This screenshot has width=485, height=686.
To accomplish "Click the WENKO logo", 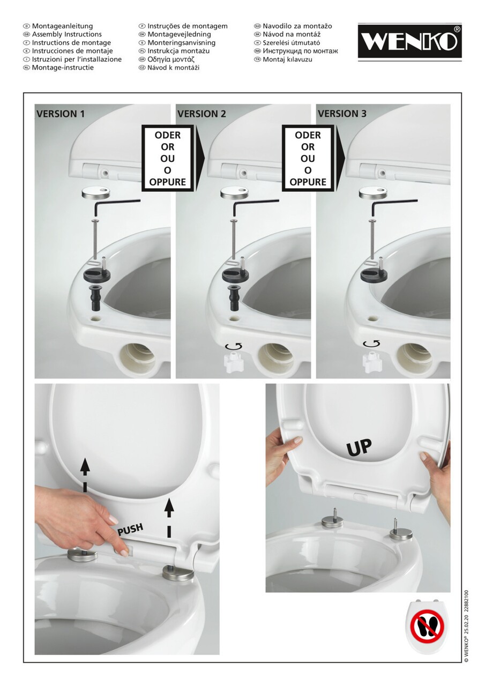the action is tap(409, 42).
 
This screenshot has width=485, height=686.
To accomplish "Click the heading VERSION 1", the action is tap(61, 114).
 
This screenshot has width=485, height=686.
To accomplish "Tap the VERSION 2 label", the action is tap(202, 114).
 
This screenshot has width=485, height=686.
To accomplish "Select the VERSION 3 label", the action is tap(342, 114).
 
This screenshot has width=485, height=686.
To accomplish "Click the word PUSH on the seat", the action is tap(131, 530).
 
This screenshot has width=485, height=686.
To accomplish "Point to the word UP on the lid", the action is tap(359, 446).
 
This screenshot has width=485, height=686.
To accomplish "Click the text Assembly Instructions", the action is tap(67, 34).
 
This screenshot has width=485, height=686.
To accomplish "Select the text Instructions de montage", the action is tap(71, 42).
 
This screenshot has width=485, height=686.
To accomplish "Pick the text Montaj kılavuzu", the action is tap(287, 59).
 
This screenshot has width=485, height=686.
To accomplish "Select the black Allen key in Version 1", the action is tap(117, 206).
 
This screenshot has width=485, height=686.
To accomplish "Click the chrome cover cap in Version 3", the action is tap(372, 193).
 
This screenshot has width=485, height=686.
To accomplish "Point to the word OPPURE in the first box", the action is tap(168, 182).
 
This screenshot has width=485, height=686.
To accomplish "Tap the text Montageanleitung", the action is tap(63, 26).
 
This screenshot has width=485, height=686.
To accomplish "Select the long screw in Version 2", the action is tap(234, 238).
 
